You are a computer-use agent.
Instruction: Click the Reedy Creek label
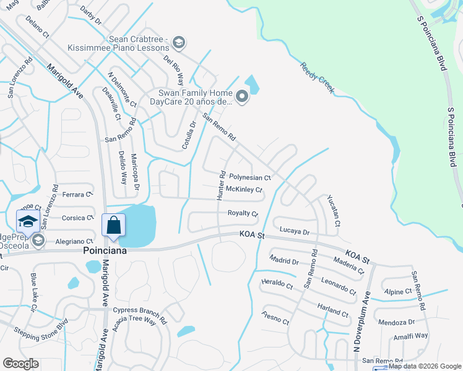(317, 78)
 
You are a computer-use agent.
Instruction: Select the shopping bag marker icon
(114, 225)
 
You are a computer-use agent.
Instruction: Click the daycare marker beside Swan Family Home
(242, 96)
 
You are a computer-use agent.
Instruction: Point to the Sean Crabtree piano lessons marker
(179, 42)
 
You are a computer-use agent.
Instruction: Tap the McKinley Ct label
(244, 189)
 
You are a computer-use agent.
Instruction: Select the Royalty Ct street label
(243, 213)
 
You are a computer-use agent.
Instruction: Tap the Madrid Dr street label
(284, 260)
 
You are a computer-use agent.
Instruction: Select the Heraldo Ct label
(277, 284)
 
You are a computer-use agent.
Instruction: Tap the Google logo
(21, 364)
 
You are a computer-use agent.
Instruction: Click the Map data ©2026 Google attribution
(423, 366)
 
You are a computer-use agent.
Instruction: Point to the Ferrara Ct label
(77, 194)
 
